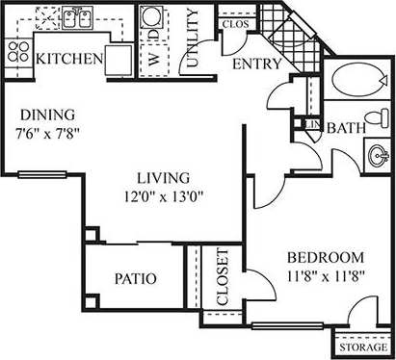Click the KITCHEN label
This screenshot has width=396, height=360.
coord(69,60)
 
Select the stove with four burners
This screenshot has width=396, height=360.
coord(16,50)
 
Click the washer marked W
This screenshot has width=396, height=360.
coord(151,57)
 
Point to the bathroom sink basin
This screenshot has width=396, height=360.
coord(378,152)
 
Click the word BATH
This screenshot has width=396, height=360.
coord(345,128)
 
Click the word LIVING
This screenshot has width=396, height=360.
coord(164,178)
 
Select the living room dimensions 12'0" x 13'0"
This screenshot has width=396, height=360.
coord(164,197)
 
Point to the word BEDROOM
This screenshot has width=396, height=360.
coord(325,257)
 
